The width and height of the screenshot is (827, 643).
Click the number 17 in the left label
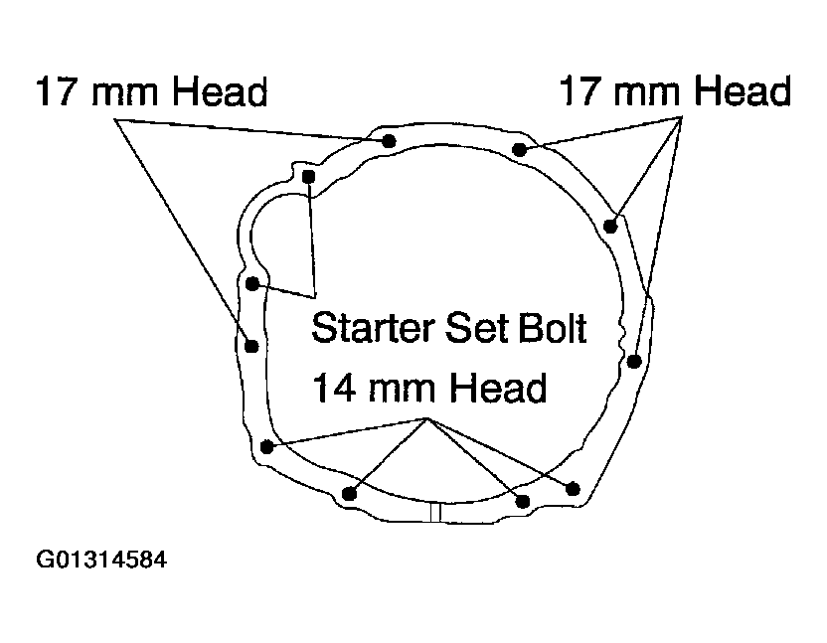(x=55, y=91)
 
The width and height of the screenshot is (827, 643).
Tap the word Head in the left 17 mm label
(x=220, y=91)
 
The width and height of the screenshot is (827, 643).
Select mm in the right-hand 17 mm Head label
(x=647, y=93)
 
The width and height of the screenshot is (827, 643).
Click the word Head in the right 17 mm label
(x=743, y=90)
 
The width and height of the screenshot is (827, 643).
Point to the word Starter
(x=373, y=328)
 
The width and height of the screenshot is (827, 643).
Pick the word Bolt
(x=553, y=328)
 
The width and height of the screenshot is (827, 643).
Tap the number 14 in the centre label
(x=333, y=389)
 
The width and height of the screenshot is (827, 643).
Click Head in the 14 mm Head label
(x=498, y=389)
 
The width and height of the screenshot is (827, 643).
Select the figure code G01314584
(x=101, y=560)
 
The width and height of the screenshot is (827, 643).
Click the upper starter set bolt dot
(x=308, y=176)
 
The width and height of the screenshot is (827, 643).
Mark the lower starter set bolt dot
(x=252, y=284)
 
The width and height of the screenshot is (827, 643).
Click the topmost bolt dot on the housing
(x=389, y=141)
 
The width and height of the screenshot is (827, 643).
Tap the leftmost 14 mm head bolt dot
(x=266, y=447)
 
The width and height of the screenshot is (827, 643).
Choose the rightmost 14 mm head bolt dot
(x=573, y=489)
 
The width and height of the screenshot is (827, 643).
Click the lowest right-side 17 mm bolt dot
(x=634, y=362)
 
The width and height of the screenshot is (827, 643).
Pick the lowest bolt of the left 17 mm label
(x=251, y=347)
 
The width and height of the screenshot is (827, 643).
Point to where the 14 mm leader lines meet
(x=427, y=419)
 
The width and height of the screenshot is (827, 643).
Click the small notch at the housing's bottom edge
(x=435, y=512)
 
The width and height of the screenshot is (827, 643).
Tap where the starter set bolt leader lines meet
(x=315, y=297)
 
